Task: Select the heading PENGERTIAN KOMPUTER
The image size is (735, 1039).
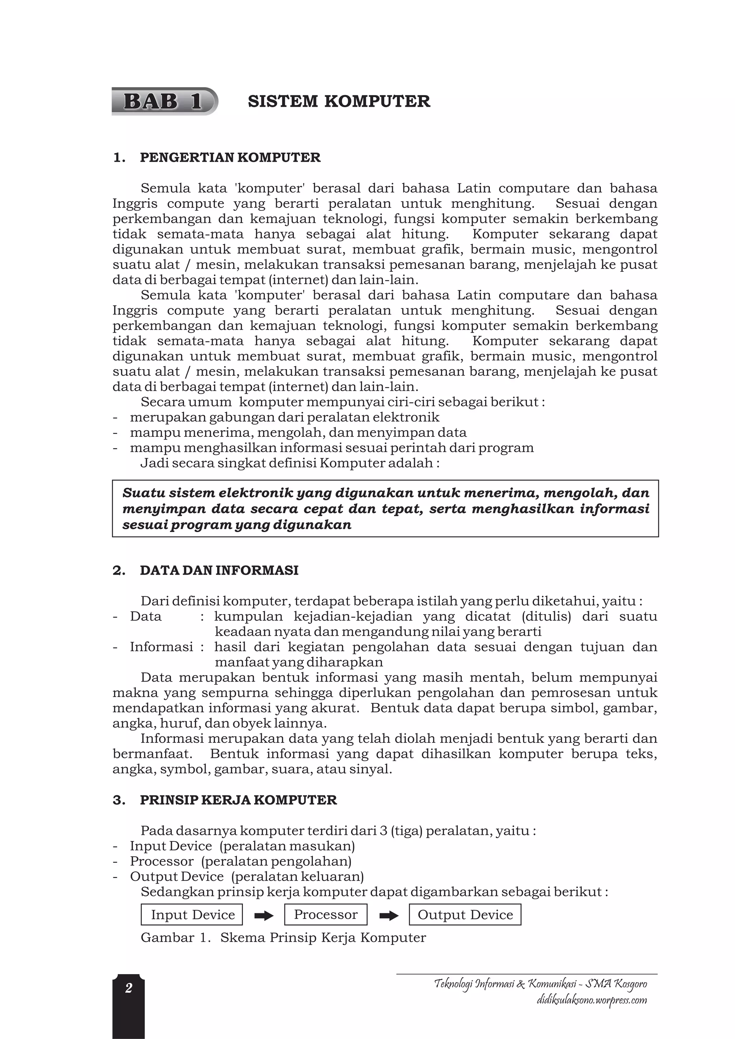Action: (x=230, y=157)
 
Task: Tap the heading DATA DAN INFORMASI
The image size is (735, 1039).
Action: (x=219, y=570)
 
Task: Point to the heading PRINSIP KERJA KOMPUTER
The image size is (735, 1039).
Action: (x=238, y=800)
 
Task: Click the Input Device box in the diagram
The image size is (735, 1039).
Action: (x=192, y=915)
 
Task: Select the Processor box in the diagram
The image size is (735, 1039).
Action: (x=326, y=915)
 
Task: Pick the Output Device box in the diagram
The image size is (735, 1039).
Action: (x=465, y=915)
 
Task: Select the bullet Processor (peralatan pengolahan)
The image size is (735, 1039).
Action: (x=240, y=861)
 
